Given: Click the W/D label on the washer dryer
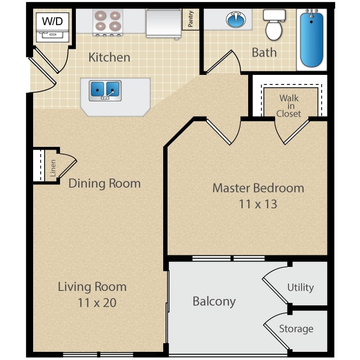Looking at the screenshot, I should coord(53,21).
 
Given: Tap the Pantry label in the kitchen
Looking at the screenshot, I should coord(191,20).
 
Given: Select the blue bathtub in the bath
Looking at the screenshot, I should coord(312,40).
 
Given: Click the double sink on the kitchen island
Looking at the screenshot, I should coord(105,89).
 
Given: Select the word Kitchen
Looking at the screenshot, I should coord(109,57).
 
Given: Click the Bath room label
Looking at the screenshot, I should coord(264,52).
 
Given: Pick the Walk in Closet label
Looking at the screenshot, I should coord(289,106).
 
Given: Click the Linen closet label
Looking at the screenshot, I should coord(53,168).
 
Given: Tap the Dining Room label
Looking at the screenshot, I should coord(104,183).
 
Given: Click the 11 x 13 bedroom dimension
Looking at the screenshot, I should coord(258,204).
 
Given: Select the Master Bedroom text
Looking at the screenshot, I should coord(258,188).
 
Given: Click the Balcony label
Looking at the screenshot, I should coord(214,301).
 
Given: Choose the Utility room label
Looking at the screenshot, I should coord(300,288).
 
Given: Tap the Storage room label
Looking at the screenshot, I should coord(296,329).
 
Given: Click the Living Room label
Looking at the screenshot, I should coord(92,287).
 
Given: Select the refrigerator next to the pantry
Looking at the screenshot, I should coord(162,23).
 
